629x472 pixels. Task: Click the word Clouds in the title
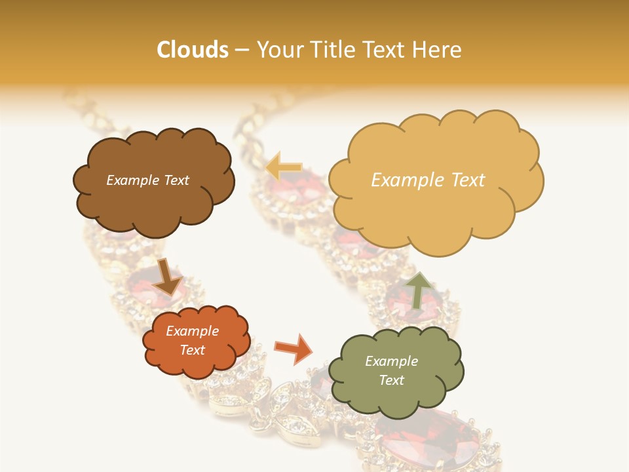[193, 50]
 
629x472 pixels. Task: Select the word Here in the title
[438, 50]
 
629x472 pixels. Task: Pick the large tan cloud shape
[432, 216]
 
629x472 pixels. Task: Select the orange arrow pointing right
[294, 349]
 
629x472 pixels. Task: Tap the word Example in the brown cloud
[133, 180]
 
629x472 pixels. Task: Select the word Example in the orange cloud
[192, 331]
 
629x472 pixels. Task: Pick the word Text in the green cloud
[391, 380]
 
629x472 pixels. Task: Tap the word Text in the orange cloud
[192, 350]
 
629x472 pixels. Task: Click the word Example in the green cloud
[391, 361]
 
